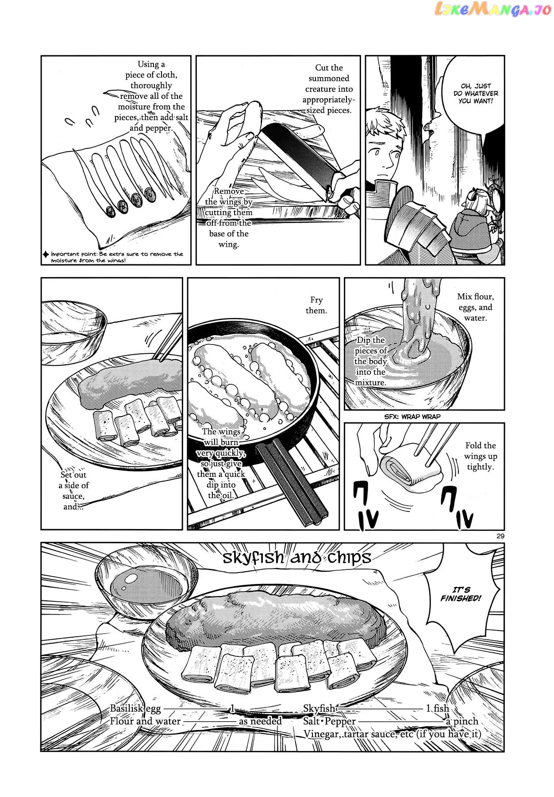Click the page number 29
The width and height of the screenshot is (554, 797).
click(500, 536)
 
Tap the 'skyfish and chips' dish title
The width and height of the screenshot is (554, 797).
click(296, 557)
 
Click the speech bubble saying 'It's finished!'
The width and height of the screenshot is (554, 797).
click(460, 594)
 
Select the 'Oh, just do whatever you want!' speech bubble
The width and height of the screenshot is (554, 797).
click(476, 93)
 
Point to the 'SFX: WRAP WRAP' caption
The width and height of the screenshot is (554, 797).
click(412, 417)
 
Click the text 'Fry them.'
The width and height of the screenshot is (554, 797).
click(316, 305)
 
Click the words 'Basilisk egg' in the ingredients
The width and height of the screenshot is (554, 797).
click(135, 708)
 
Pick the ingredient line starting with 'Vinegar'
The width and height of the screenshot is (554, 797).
click(392, 734)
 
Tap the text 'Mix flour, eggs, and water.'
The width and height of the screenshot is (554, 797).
click(476, 307)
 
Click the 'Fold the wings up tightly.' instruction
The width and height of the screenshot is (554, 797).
click(480, 456)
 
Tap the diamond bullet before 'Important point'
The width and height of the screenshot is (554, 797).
click(46, 254)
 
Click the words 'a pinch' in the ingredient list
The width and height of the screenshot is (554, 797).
click(462, 721)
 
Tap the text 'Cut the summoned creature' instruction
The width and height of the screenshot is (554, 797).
click(329, 89)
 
